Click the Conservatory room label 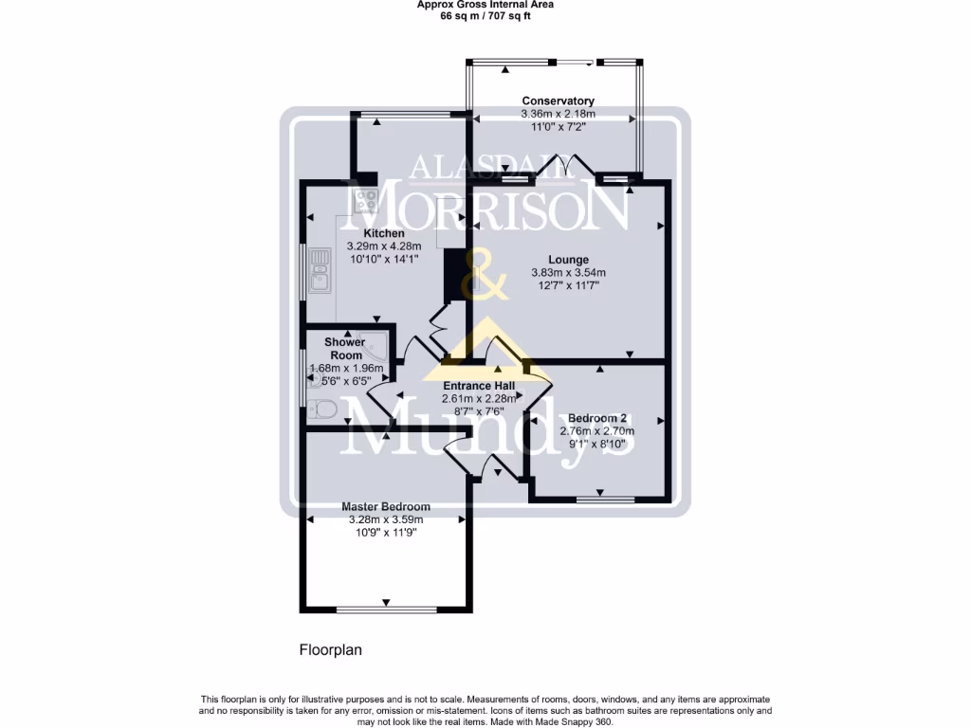point(559,100)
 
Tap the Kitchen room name point(384,233)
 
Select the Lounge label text point(568,260)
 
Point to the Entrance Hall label point(479,386)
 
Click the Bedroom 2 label point(596,418)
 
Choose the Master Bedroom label point(386,506)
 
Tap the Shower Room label point(344,349)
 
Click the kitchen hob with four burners point(365,200)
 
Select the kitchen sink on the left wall point(320,270)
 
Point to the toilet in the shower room point(321,409)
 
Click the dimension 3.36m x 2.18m point(559,114)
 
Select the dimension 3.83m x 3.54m point(568,273)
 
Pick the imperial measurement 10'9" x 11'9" point(386,533)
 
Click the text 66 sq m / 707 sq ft point(485,15)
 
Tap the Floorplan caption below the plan point(331,650)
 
